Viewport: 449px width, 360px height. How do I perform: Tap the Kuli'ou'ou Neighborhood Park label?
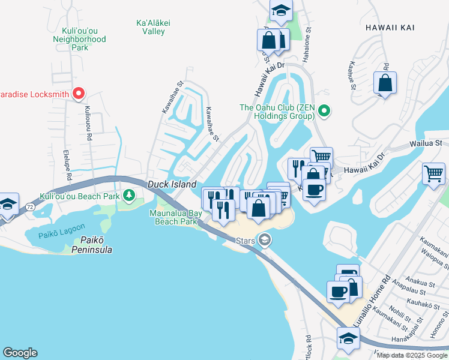(84, 39)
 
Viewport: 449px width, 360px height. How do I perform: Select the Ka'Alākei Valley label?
(154, 28)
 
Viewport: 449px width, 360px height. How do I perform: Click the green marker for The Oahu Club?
(324, 110)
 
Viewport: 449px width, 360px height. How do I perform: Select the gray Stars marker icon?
(264, 241)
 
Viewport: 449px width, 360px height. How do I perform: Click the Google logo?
(20, 353)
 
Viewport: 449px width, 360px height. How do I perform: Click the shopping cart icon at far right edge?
(433, 174)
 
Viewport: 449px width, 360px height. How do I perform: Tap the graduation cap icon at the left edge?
(7, 204)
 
